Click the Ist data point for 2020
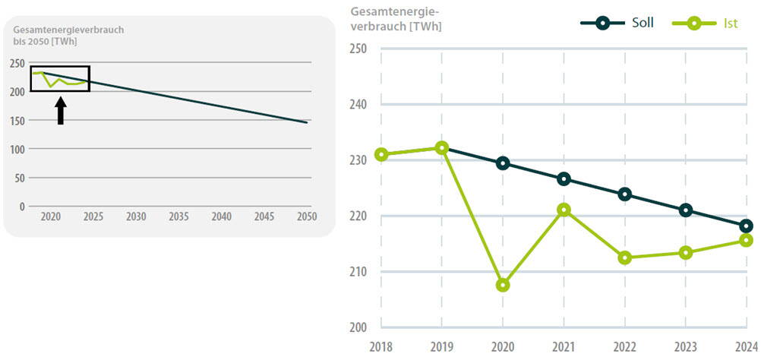click(503, 285)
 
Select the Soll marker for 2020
click(503, 163)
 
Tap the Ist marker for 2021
click(564, 210)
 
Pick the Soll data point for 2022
click(624, 194)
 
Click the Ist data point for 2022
click(624, 257)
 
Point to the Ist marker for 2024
click(746, 240)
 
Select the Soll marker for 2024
click(746, 226)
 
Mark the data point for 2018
click(381, 154)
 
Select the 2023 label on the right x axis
click(685, 346)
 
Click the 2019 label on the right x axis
click(442, 346)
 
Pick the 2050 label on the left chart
click(307, 217)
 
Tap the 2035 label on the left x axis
click(178, 217)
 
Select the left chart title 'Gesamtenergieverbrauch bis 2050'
click(68, 35)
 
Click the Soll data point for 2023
click(685, 210)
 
